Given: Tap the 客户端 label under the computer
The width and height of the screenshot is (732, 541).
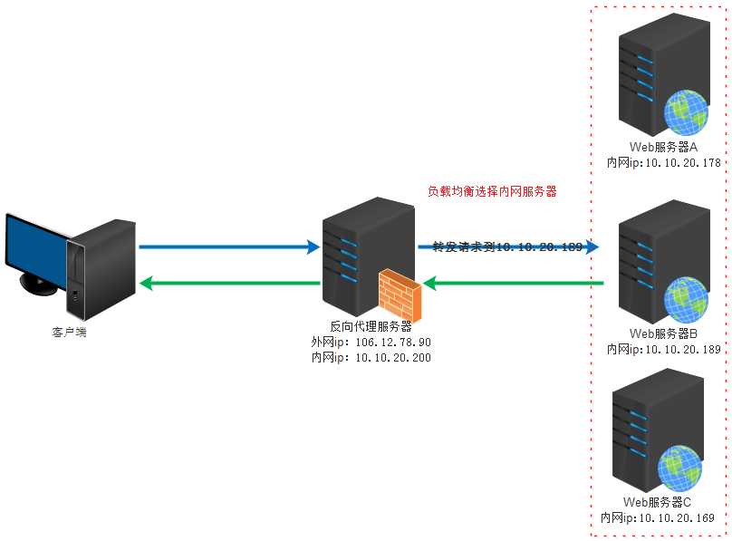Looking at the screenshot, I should coord(70,333).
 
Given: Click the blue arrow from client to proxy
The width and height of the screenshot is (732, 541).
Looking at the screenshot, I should coord(226,246).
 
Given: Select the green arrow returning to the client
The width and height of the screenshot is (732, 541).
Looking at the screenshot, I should coord(226,284).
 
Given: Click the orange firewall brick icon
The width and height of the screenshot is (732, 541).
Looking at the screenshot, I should coord(400,290).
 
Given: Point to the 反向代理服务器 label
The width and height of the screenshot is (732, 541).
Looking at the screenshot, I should coord(371,326).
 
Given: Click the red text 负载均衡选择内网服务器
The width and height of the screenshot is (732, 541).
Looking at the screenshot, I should coord(491,192).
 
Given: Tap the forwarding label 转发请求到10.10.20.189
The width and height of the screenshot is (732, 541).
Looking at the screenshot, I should coord(506,246).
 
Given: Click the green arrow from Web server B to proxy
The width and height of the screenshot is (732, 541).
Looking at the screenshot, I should coord(513,284).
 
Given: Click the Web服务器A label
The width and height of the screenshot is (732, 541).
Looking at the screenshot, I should coord(663,148).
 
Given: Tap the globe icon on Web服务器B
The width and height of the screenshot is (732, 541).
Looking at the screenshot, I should coord(687,299).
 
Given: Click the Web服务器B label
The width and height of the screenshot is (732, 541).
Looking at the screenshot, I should coord(663,333).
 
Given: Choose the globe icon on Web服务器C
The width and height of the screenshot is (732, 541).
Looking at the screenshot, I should coord(681,468).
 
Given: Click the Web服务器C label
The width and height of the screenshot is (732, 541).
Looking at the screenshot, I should coord(658,502).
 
